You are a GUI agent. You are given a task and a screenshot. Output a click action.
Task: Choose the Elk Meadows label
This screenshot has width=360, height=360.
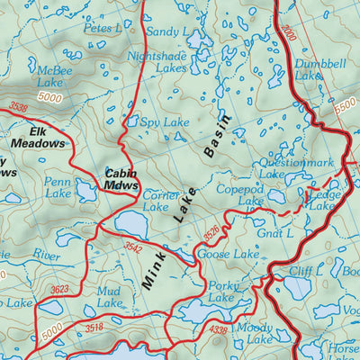click(x=38, y=137)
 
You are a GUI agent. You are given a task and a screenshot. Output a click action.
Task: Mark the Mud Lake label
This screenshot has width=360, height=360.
click(x=109, y=298)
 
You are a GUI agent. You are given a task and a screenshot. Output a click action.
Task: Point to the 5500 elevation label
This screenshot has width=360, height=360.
click(x=343, y=104)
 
